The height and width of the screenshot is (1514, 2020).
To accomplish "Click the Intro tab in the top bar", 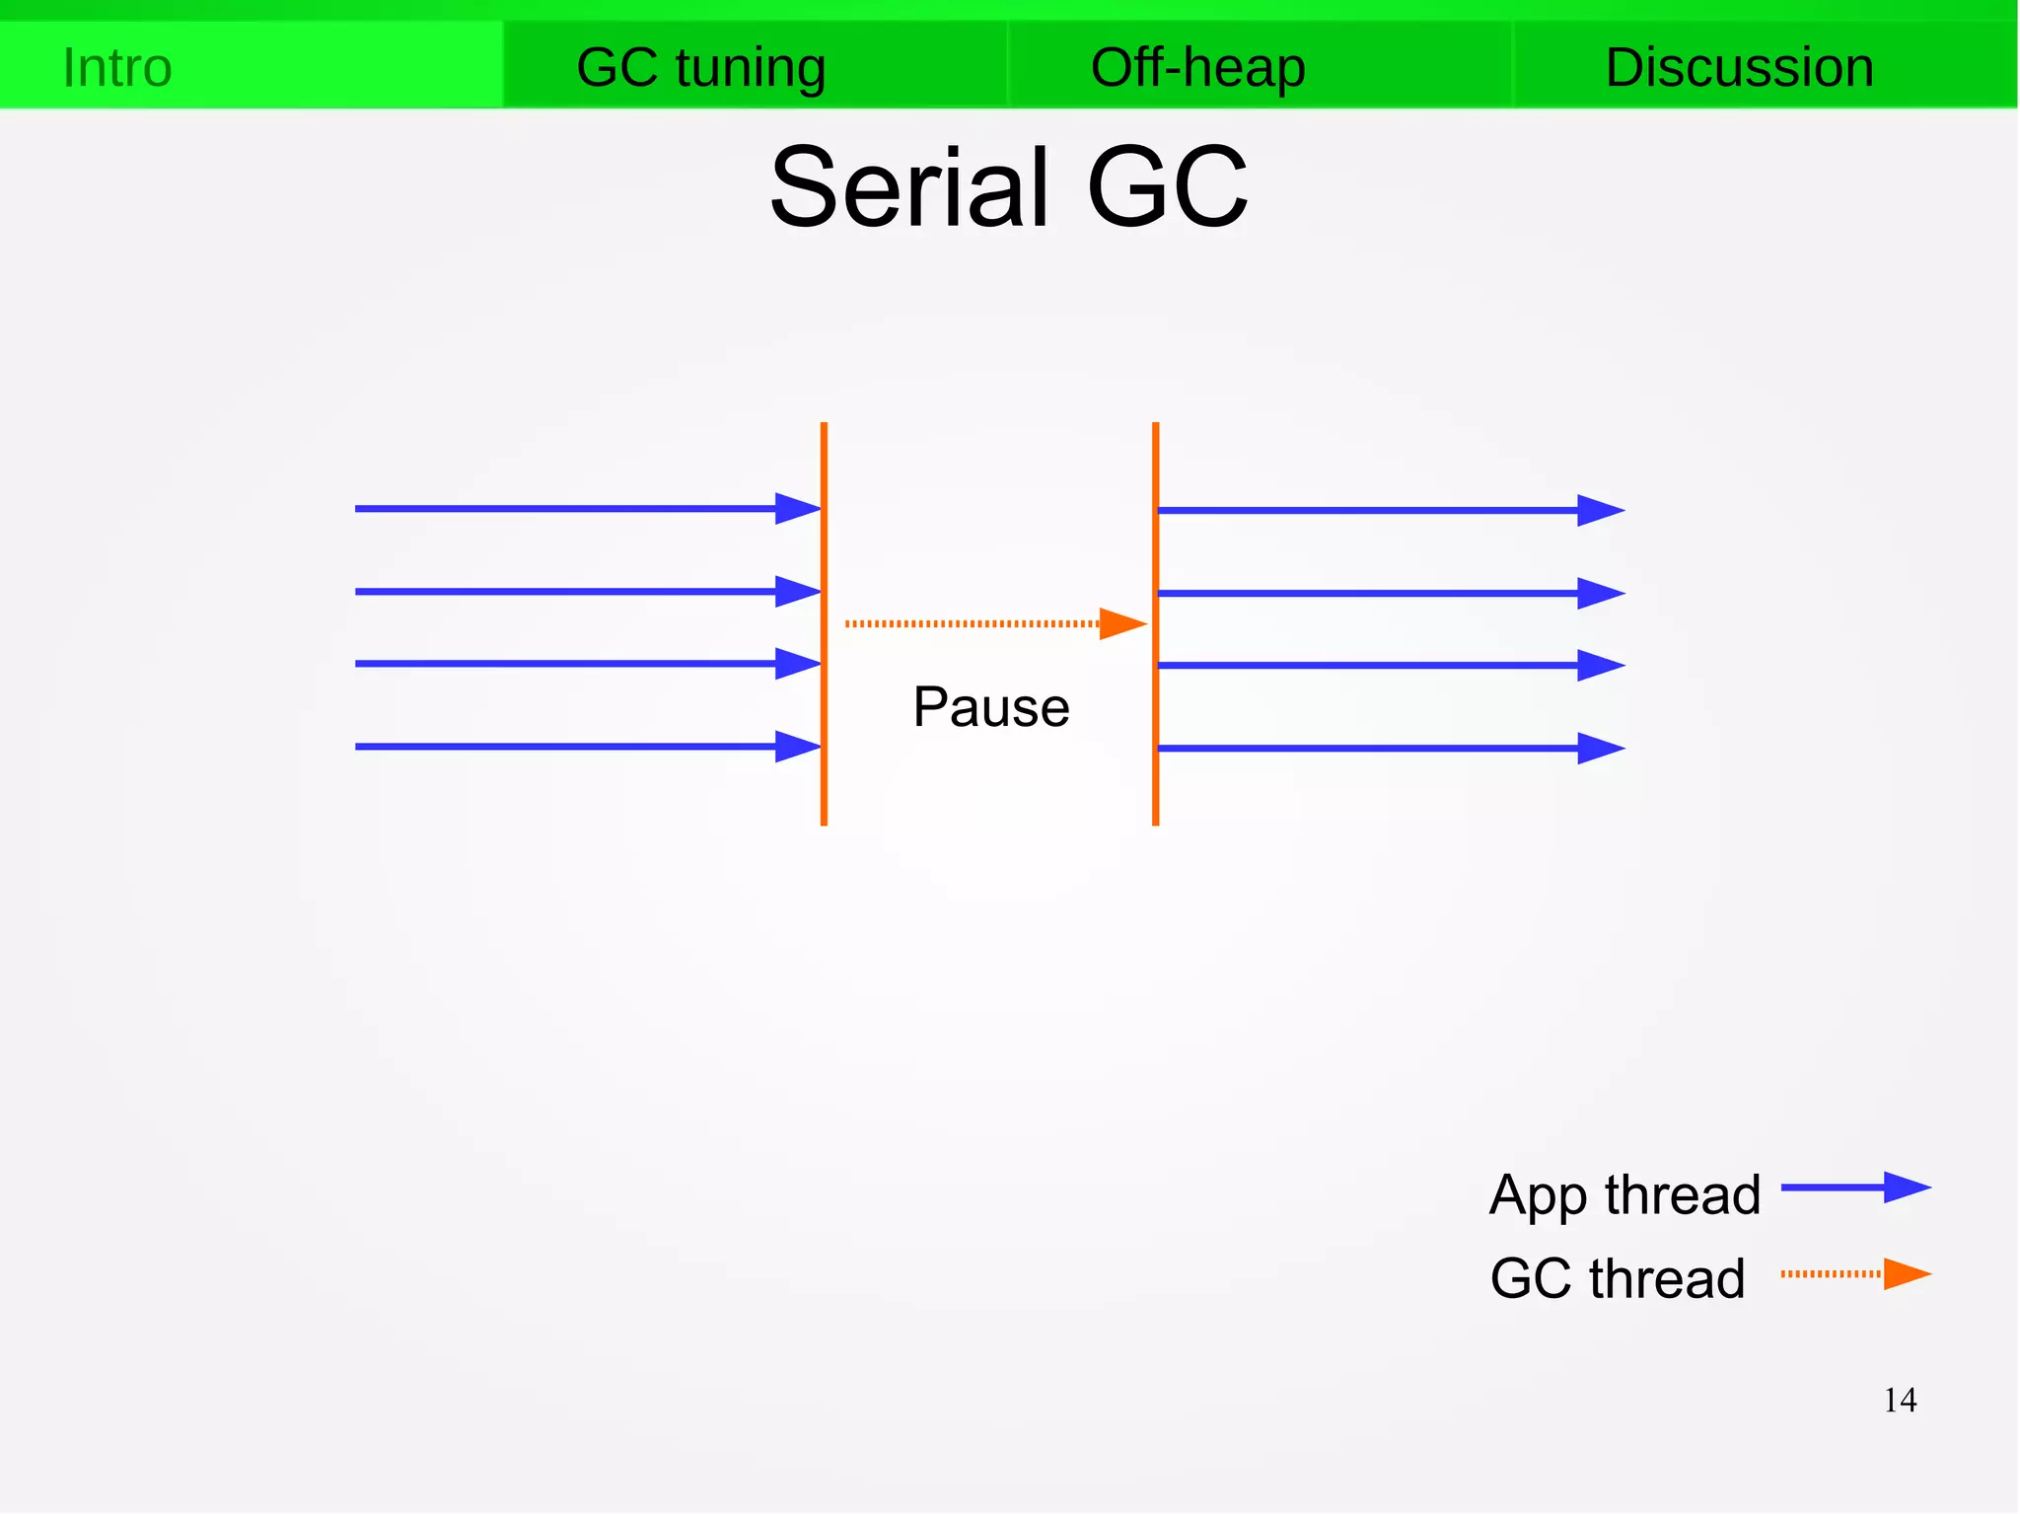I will coord(117,67).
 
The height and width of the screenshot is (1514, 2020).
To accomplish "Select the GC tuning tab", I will coord(700,67).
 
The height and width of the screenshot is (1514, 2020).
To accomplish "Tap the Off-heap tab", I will coord(1197,67).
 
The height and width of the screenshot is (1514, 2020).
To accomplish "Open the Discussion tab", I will coord(1739,67).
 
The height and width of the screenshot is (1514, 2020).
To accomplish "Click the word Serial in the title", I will coord(908,187).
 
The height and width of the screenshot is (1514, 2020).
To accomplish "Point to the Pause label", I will coord(990,706).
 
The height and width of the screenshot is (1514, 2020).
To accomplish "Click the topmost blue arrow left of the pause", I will coord(587,509).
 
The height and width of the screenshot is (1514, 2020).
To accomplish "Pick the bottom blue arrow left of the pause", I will coord(587,747).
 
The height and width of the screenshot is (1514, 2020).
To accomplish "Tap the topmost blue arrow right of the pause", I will coord(1390,511).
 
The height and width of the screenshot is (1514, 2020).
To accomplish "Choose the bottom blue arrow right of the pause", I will coord(1390,749).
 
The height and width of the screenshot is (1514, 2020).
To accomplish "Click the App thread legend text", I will coord(1624,1195).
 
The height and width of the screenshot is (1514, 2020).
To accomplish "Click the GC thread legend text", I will coord(1618,1278).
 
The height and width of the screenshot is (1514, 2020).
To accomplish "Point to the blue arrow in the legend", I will coord(1855,1188).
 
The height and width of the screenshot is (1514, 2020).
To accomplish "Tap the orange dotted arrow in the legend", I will coord(1855,1273).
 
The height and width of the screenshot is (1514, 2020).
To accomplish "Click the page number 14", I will coord(1900,1401).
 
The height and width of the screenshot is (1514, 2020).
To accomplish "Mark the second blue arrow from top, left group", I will coord(587,592).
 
